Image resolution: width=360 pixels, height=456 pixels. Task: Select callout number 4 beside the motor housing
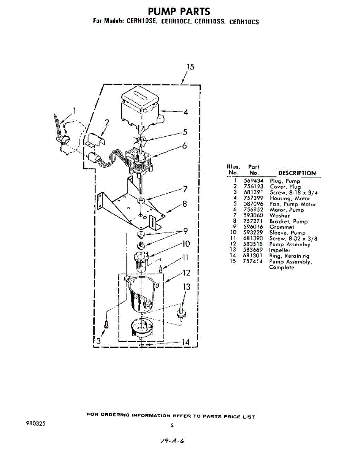click(x=185, y=112)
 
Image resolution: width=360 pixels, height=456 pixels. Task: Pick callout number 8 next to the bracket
click(x=184, y=204)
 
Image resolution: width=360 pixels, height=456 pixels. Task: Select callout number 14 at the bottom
click(x=185, y=342)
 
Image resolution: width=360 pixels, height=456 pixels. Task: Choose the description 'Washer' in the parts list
click(x=279, y=216)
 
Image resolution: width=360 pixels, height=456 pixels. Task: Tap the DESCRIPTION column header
click(x=297, y=173)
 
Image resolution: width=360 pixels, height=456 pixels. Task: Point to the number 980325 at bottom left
click(x=36, y=423)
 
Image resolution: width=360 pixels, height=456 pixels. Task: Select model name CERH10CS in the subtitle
click(x=244, y=22)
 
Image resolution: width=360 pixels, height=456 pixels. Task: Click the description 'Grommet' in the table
click(x=282, y=227)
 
